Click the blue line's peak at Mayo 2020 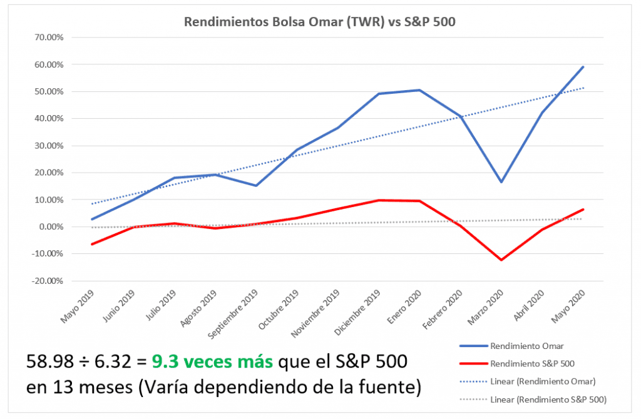tap(583, 67)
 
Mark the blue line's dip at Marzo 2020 tap(501, 182)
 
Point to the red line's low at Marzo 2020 tap(501, 260)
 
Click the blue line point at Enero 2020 tap(419, 90)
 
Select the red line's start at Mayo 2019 tap(92, 244)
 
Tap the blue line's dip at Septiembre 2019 tap(256, 186)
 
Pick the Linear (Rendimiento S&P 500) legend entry tap(547, 398)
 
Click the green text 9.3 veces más tap(211, 361)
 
